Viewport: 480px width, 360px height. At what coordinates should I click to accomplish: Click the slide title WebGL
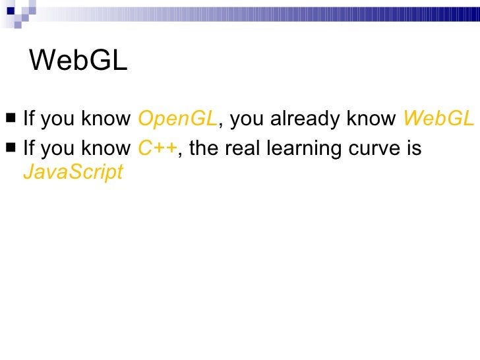[x=78, y=61]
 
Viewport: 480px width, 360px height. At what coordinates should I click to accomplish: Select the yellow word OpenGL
[x=177, y=119]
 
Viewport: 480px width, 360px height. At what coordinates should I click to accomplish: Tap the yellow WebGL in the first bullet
[x=438, y=119]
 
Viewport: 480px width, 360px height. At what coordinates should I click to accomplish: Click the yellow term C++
[x=158, y=148]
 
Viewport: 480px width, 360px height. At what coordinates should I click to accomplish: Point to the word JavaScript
[x=73, y=172]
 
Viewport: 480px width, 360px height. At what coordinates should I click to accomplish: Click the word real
[x=241, y=148]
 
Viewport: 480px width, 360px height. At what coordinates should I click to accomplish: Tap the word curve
[x=373, y=148]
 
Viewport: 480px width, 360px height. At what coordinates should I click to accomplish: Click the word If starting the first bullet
[x=28, y=119]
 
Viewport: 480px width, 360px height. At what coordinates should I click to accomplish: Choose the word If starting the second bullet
[x=28, y=148]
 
